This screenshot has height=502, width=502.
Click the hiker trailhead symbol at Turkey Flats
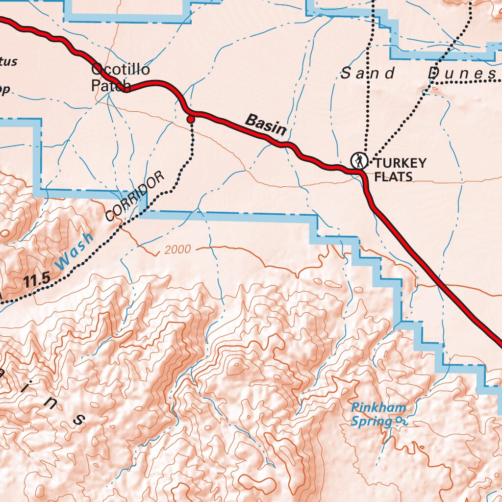tap(359, 161)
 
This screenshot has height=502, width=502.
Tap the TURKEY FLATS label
tap(400, 170)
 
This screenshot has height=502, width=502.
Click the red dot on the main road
tap(191, 119)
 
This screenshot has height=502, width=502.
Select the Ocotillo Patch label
tap(120, 77)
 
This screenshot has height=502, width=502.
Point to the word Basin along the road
tap(265, 125)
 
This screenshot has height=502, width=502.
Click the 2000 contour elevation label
tap(177, 250)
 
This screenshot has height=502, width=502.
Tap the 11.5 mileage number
tap(37, 280)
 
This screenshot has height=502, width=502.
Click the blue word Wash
tap(74, 251)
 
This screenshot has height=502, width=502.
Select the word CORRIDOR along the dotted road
tap(134, 197)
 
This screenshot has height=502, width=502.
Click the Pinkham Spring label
tap(378, 414)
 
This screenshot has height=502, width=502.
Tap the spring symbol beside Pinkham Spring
tap(402, 421)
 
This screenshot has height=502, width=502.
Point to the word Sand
tap(368, 74)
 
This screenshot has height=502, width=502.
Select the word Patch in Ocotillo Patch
tap(111, 86)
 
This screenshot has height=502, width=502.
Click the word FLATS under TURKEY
tap(393, 176)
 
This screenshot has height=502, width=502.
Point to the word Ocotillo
tap(121, 70)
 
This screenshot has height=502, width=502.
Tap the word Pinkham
tap(378, 407)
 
